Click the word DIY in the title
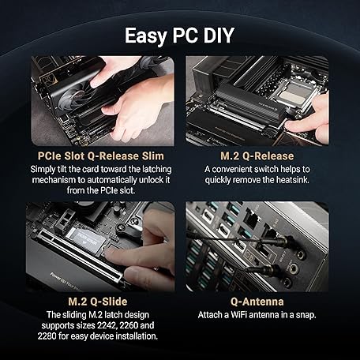click(219, 36)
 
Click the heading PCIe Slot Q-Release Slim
click(101, 156)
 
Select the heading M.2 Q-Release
click(257, 156)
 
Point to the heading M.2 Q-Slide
click(98, 302)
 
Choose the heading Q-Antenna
click(257, 302)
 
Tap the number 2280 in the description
click(47, 336)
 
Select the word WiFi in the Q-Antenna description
click(239, 315)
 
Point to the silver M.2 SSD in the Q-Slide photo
click(84, 238)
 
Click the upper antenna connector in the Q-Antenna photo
click(283, 241)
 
